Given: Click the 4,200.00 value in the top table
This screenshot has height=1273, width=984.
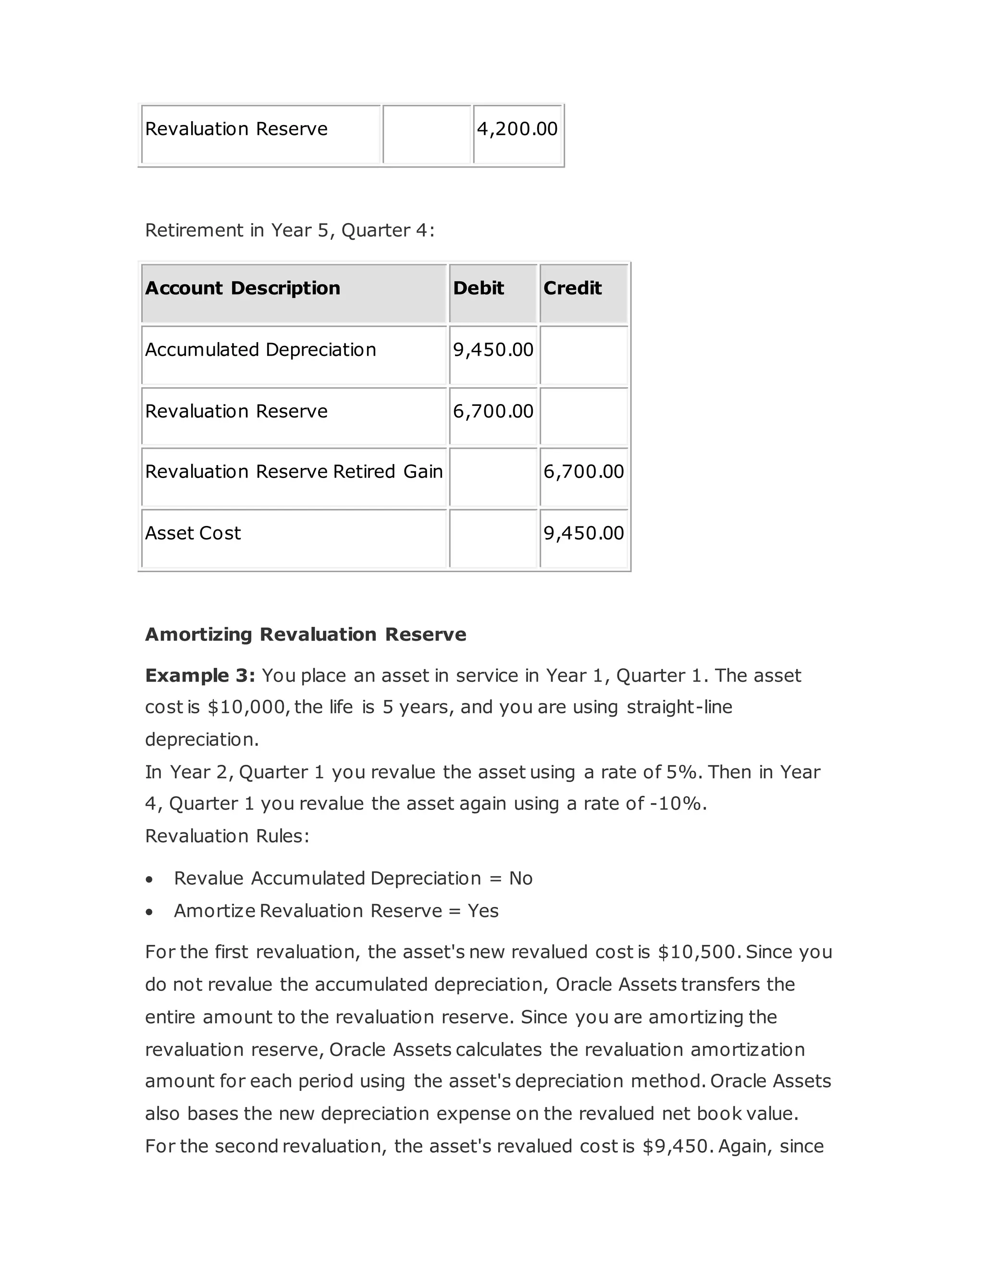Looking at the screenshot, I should (x=517, y=129).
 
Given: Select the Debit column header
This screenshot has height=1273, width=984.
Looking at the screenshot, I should (x=478, y=288).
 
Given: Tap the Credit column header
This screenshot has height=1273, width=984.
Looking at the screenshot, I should (x=572, y=288).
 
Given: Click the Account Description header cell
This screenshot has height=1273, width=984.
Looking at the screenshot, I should (x=243, y=288).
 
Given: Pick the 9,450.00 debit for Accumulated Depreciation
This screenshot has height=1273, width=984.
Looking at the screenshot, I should (x=493, y=350).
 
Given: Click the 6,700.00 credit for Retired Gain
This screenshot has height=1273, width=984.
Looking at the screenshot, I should (x=583, y=472).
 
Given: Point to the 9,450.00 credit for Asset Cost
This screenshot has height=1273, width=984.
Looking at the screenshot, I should (x=583, y=533).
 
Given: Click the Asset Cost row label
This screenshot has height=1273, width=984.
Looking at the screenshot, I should (x=193, y=533).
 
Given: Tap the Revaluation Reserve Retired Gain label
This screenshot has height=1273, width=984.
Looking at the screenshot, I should (x=294, y=472).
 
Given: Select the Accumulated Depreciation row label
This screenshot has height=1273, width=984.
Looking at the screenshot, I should (x=260, y=350).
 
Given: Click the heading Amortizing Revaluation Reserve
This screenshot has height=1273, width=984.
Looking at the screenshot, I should (x=306, y=634).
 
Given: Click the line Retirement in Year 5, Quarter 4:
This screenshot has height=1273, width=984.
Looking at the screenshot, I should (x=290, y=230).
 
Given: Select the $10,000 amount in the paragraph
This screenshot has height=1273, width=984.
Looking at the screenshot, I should (x=246, y=708).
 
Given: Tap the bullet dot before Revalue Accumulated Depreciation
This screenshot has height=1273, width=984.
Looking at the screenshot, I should (x=150, y=879).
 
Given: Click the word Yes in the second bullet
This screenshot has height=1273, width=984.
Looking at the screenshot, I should (x=483, y=911).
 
